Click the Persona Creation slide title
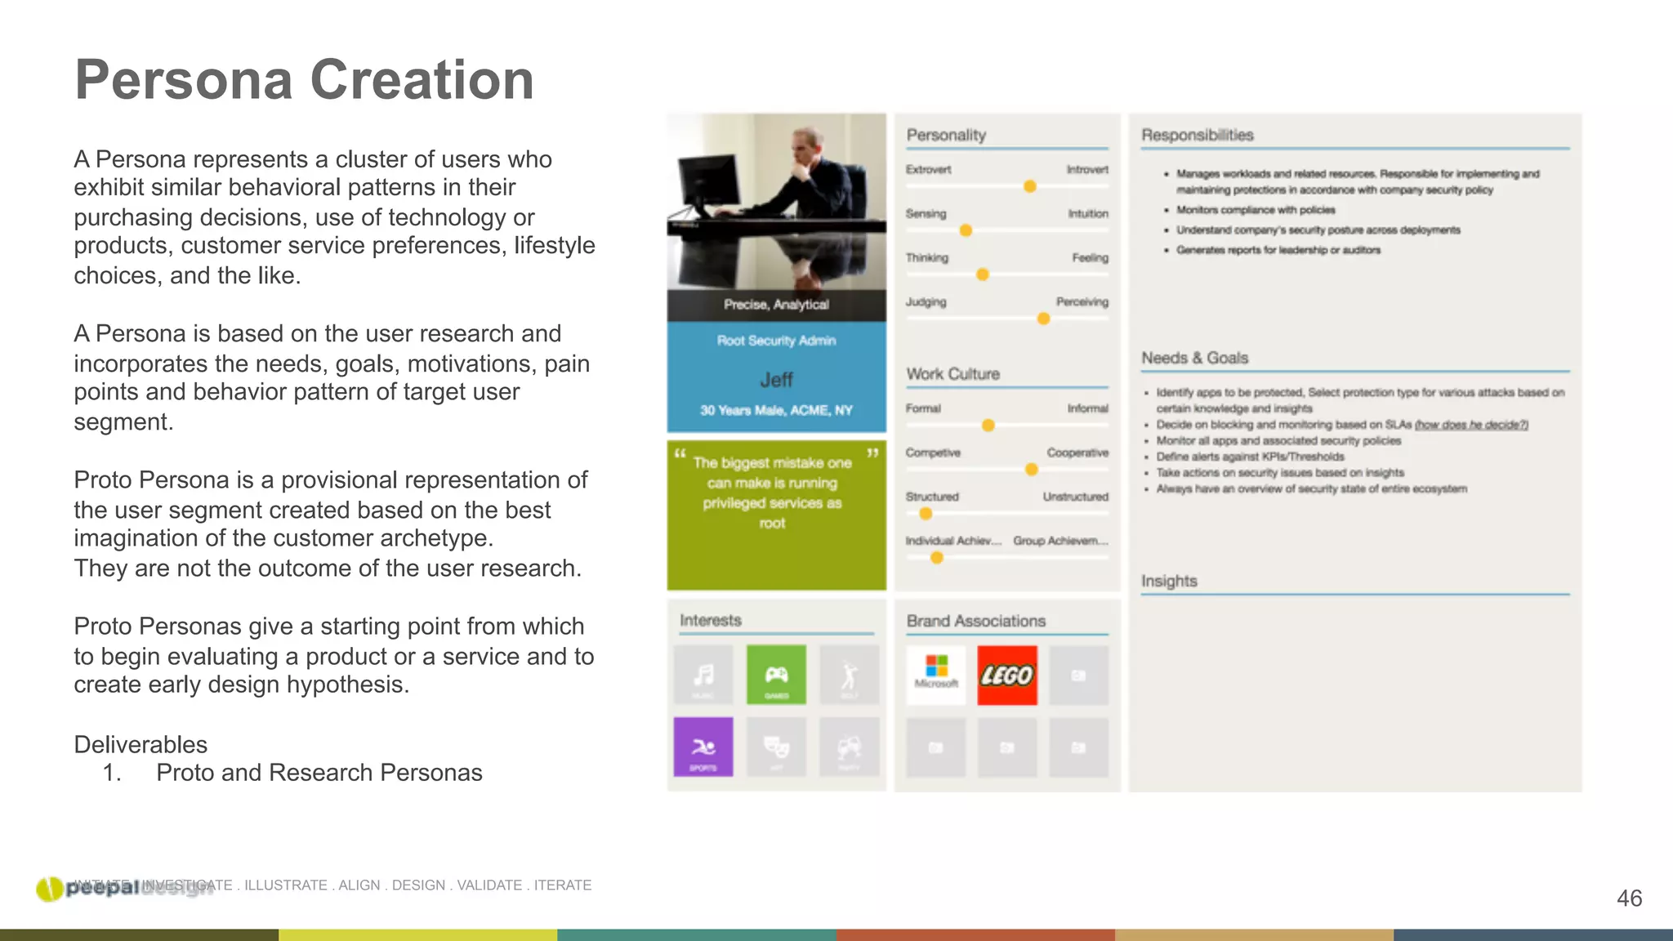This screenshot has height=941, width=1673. (x=304, y=80)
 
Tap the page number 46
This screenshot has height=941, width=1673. (x=1629, y=899)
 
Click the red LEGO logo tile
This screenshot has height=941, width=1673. (x=1006, y=676)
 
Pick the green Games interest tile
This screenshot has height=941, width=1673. (x=776, y=675)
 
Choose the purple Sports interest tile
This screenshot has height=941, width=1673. (x=703, y=747)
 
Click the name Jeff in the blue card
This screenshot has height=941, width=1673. (x=776, y=380)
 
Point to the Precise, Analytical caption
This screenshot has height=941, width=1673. (x=776, y=305)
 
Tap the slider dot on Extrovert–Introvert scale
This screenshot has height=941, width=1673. (x=1030, y=186)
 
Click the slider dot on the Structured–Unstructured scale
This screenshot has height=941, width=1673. (x=926, y=514)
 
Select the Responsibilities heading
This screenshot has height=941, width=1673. (x=1197, y=135)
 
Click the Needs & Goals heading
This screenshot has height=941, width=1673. (x=1194, y=358)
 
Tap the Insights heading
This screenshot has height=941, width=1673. (x=1169, y=581)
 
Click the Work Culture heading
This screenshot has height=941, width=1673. (x=952, y=374)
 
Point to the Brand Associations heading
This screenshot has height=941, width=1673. (x=975, y=621)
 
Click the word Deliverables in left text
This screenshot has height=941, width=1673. (x=141, y=744)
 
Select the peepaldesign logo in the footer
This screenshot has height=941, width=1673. (x=123, y=888)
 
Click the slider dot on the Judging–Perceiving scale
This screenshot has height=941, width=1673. (x=1043, y=319)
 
